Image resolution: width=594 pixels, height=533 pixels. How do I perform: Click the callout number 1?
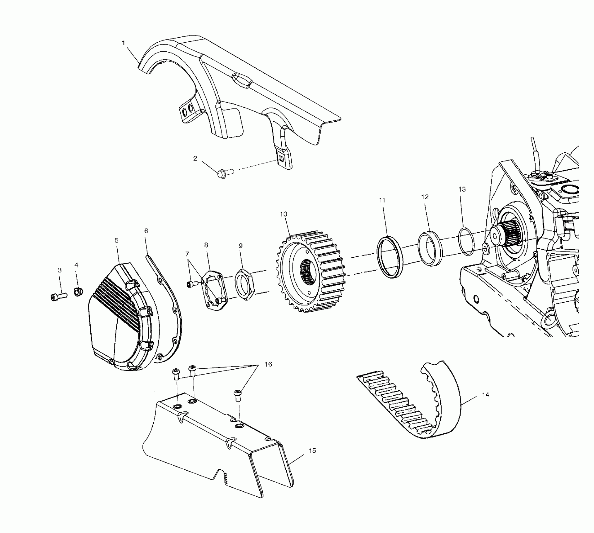pyautogui.click(x=124, y=43)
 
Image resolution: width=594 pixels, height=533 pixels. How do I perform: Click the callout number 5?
pyautogui.click(x=117, y=240)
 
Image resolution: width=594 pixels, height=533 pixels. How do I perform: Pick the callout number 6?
pyautogui.click(x=146, y=231)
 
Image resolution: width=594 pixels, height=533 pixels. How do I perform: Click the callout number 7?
pyautogui.click(x=187, y=253)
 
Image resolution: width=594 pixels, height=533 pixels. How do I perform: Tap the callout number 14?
pyautogui.click(x=485, y=394)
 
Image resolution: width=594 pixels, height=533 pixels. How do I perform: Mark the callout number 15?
pyautogui.click(x=312, y=451)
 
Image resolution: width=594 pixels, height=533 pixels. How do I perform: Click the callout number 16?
pyautogui.click(x=268, y=364)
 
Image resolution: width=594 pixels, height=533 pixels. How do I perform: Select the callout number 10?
pyautogui.click(x=284, y=214)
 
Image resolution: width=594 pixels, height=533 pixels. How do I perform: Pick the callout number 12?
pyautogui.click(x=425, y=197)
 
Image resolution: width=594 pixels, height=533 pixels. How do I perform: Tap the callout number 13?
pyautogui.click(x=462, y=189)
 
